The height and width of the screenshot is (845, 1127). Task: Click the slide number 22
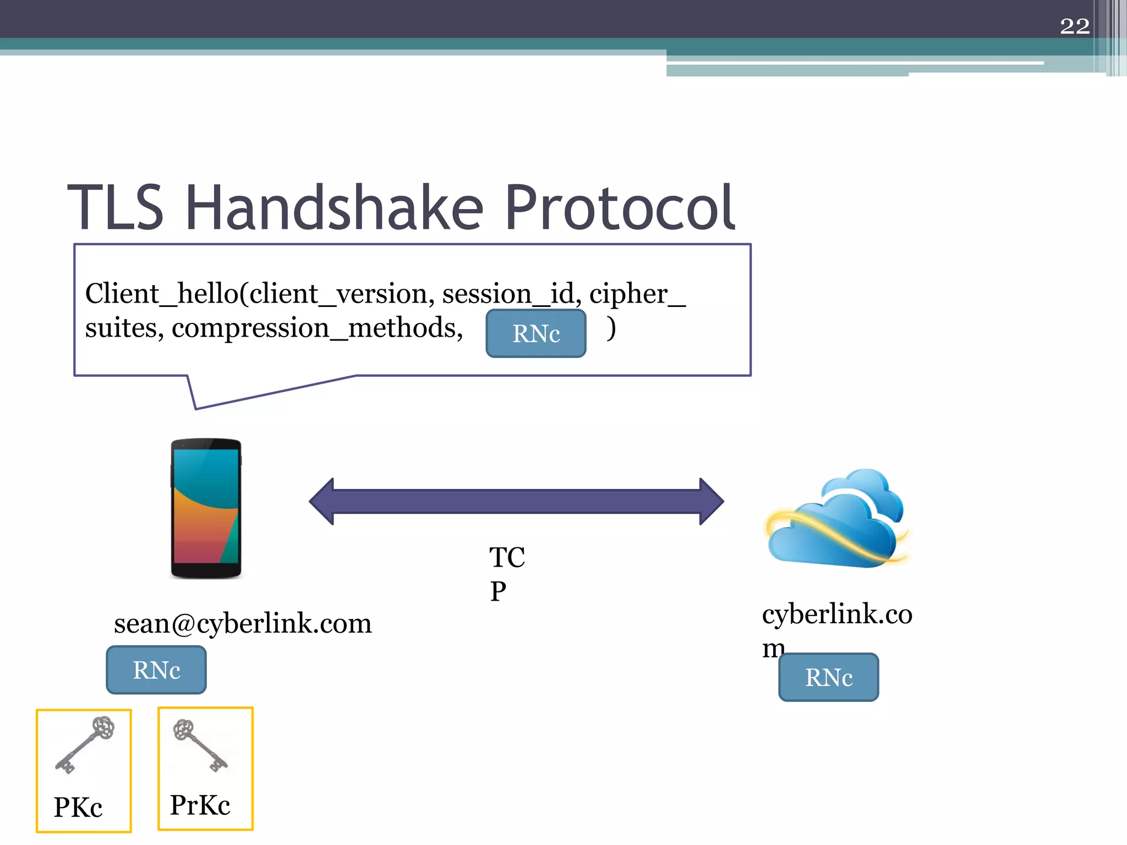pos(1074,26)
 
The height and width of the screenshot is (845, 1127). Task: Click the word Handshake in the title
pos(334,208)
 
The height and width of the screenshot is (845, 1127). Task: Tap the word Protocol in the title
pos(620,208)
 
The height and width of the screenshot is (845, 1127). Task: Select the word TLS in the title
pos(116,208)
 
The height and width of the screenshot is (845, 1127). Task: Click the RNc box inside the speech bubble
pos(535,333)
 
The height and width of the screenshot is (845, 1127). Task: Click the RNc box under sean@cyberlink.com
pos(156,670)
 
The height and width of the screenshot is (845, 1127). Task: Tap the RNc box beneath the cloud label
pos(828,677)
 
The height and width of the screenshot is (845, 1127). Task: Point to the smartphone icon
pos(206,508)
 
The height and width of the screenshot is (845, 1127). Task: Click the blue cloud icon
pos(836,520)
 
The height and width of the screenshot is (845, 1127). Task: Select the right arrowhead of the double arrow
pos(710,501)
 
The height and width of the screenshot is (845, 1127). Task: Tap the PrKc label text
pos(200,805)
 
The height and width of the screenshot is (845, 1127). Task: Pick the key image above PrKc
pos(200,745)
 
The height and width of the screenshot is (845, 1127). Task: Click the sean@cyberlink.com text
pos(243,624)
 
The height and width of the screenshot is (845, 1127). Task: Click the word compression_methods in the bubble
pos(317,328)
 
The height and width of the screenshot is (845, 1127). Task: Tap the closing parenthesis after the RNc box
pos(611,328)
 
